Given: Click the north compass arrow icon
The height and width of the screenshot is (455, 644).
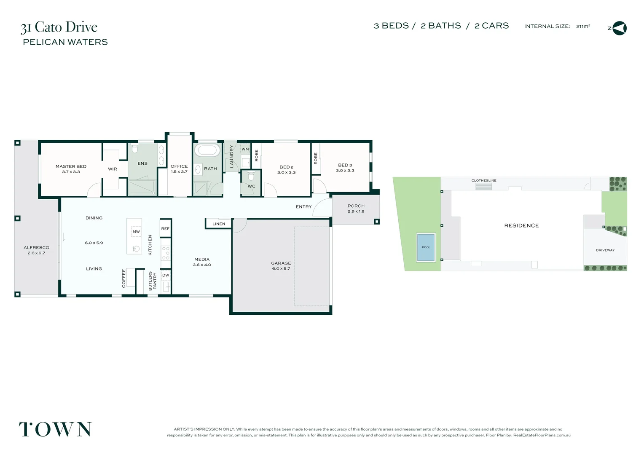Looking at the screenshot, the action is (x=620, y=28).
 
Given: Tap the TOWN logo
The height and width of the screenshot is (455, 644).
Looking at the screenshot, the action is (x=55, y=429).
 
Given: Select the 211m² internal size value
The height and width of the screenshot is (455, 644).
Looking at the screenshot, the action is (x=583, y=26).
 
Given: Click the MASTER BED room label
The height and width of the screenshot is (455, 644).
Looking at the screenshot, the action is (x=71, y=166).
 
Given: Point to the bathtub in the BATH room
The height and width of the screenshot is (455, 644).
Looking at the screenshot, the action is (x=207, y=150).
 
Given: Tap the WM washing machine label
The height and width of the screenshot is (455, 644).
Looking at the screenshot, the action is (x=245, y=149).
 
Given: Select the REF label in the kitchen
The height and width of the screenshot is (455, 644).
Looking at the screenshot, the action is (x=165, y=229).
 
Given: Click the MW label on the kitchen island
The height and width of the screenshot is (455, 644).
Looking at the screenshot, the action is (x=136, y=232).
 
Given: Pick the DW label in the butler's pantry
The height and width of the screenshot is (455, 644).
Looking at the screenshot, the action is (x=166, y=276).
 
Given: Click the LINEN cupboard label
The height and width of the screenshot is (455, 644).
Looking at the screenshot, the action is (x=219, y=224).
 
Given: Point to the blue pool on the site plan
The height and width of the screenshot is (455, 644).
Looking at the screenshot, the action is (x=426, y=247).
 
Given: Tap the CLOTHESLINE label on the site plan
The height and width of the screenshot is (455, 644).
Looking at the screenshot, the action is (x=484, y=180).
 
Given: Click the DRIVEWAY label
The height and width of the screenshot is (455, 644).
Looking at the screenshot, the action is (x=605, y=250).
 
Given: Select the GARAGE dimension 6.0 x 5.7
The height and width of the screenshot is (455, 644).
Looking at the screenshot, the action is (x=281, y=269).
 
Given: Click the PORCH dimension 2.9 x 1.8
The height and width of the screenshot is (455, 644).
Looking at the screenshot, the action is (x=356, y=211).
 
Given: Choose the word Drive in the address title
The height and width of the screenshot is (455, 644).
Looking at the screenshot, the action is (x=81, y=27).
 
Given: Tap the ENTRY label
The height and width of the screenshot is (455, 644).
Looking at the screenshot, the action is (x=303, y=207).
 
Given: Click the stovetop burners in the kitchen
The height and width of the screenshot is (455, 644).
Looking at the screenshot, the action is (x=166, y=253).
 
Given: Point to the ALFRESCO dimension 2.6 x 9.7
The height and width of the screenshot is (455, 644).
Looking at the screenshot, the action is (x=36, y=253).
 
